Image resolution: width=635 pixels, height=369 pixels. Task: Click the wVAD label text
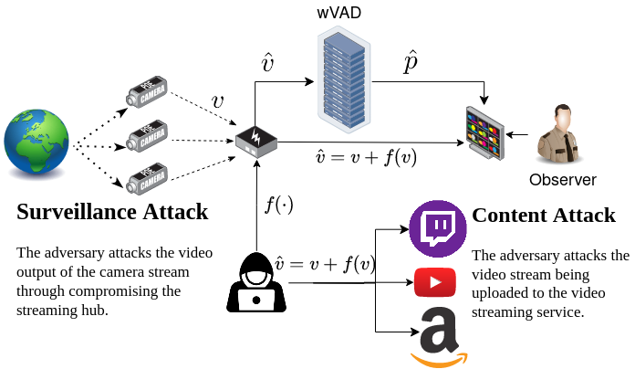click(x=338, y=13)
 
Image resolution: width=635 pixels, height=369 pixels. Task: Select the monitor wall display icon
click(x=484, y=133)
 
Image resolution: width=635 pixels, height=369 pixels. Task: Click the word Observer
click(x=562, y=179)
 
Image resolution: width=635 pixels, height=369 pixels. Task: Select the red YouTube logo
click(x=435, y=282)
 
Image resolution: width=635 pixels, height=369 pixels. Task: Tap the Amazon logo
click(x=437, y=333)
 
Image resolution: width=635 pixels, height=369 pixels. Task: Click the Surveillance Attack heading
click(x=112, y=213)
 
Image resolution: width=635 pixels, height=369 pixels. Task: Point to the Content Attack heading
click(x=543, y=216)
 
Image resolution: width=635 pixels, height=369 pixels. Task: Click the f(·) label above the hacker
click(x=278, y=205)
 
